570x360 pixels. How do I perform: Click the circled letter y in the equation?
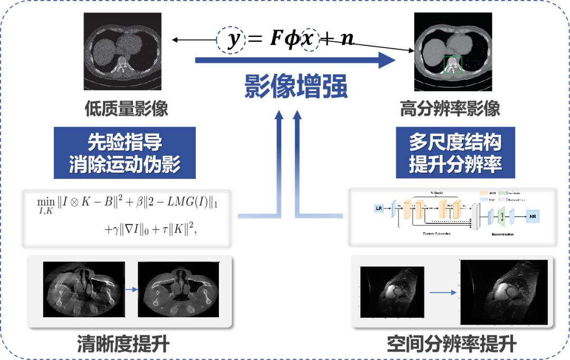tap(231, 40)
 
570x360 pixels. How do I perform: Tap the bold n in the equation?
tap(347, 40)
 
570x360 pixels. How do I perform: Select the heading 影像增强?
tap(296, 87)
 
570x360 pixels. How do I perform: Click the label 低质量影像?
tap(126, 109)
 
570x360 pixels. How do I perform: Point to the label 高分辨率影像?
tap(450, 109)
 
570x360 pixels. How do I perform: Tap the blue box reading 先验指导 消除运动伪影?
tap(125, 152)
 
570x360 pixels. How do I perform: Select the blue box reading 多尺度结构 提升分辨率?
tap(455, 152)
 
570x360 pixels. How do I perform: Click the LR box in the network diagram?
tap(379, 209)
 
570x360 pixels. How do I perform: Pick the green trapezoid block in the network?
tap(501, 215)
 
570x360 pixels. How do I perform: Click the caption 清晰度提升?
tap(123, 344)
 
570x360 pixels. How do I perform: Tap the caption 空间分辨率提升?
tap(451, 344)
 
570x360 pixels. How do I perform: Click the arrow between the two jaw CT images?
tap(131, 289)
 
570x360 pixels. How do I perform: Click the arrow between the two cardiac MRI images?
tap(442, 291)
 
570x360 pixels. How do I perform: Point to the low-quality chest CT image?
tap(122, 51)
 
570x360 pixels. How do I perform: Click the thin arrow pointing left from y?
tap(193, 40)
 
